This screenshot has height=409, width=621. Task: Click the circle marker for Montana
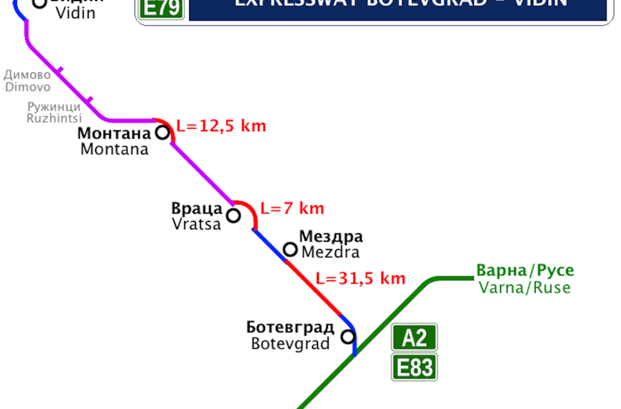tap(162, 132)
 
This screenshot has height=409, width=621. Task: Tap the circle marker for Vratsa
tap(233, 216)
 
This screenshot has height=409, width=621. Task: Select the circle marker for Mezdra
tap(291, 249)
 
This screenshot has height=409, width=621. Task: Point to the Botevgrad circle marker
tap(349, 337)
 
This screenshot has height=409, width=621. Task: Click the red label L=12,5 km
tap(222, 126)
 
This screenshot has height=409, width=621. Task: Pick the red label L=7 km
tap(292, 208)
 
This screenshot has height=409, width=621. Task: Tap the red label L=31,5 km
tap(360, 278)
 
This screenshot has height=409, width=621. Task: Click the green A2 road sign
tap(414, 337)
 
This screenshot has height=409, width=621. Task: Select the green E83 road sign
tap(414, 368)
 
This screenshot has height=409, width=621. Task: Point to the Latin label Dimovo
tap(28, 87)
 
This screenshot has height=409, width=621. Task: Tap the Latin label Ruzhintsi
tap(54, 118)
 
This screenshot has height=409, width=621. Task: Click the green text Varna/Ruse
tap(525, 287)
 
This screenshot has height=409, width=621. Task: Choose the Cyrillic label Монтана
tap(113, 133)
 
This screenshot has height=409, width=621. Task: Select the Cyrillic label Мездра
tap(331, 236)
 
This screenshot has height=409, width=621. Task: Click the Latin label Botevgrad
tap(290, 343)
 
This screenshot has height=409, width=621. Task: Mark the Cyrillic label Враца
tap(197, 209)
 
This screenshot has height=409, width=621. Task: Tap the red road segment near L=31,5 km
tap(313, 288)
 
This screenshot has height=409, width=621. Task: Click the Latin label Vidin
tap(75, 13)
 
